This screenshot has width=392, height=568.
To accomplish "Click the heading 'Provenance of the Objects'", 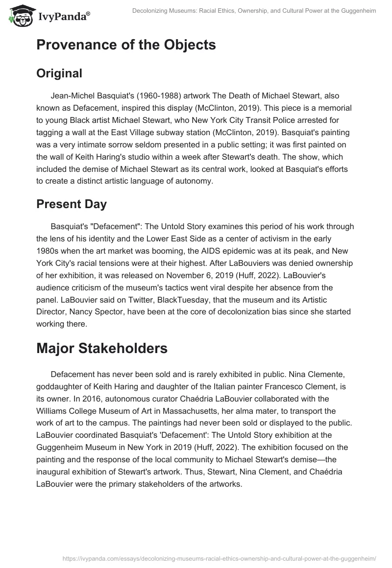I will [126, 45].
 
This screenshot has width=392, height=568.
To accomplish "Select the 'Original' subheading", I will [59, 73].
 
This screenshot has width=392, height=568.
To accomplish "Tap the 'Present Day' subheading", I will [72, 204].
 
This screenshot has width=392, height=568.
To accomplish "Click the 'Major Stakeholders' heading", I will [102, 348].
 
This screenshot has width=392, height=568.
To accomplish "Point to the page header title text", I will [254, 11].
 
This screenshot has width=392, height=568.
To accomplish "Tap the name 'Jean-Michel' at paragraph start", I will [73, 96].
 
